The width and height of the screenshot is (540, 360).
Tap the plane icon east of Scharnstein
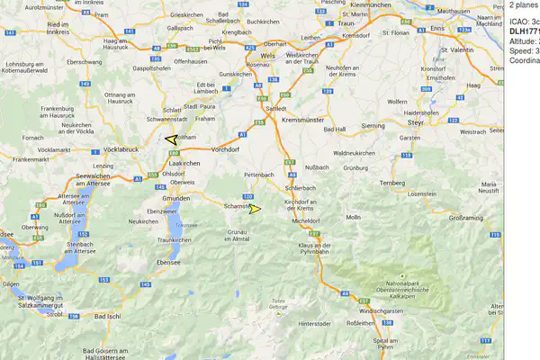pyautogui.click(x=255, y=209)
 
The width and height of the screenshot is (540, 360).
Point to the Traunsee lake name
pyautogui.click(x=186, y=225)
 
